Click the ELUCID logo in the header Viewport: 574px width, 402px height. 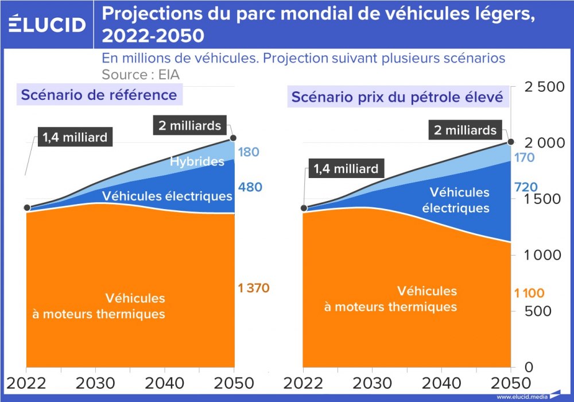click(x=47, y=24)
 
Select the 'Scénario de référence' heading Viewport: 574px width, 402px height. click(x=99, y=94)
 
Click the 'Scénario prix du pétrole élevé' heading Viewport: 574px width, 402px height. click(x=397, y=97)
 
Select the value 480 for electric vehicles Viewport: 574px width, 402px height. click(x=250, y=187)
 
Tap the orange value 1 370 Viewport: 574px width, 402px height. click(x=254, y=288)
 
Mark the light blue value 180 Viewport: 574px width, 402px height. click(x=250, y=152)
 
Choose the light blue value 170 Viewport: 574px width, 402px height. click(x=525, y=158)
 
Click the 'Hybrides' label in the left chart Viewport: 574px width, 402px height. click(x=197, y=161)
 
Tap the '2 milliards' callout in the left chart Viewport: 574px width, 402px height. click(x=189, y=125)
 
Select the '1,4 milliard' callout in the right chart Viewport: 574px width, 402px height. click(x=346, y=169)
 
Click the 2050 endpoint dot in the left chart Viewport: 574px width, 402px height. click(x=233, y=138)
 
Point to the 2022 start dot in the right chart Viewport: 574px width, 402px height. click(x=304, y=208)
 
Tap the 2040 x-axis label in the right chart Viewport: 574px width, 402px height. click(x=441, y=384)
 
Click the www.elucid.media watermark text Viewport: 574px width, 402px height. click(x=522, y=397)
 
